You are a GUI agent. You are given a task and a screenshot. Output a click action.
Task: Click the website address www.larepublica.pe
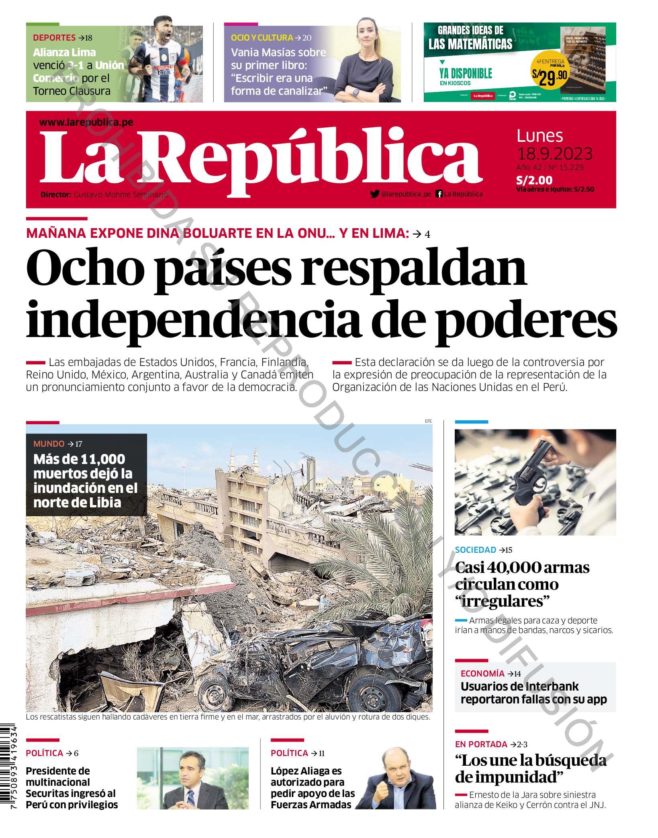pos(86,123)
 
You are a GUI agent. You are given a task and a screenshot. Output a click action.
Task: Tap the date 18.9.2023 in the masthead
pos(554,154)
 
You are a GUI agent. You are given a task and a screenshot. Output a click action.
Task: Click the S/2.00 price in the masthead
pos(534,180)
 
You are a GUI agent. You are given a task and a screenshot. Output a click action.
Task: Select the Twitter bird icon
pos(374,194)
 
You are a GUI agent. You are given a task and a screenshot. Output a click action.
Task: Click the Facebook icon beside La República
pos(439,194)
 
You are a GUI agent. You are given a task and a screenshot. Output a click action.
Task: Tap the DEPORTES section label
pos(54,38)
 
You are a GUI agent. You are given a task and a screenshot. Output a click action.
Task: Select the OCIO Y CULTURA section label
pos(262,38)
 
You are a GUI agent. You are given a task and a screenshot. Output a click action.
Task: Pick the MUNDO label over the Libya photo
pos(49,444)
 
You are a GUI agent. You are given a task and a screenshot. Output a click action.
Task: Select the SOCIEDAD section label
pos(475,550)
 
